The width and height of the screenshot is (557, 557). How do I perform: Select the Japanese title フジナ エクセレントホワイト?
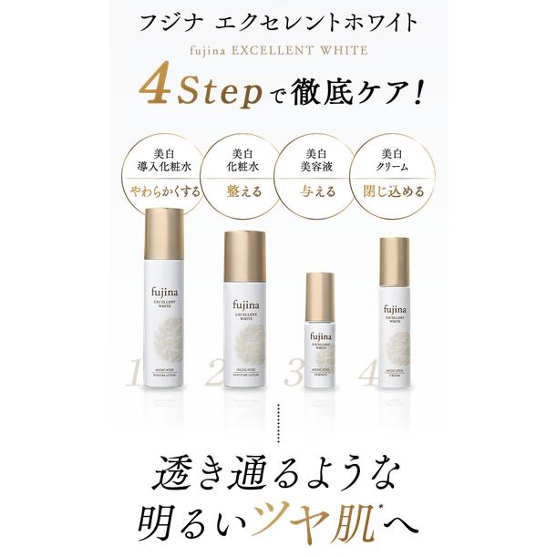click(277, 19)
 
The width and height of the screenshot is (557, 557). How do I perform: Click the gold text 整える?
click(242, 191)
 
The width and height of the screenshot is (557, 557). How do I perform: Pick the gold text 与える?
click(317, 191)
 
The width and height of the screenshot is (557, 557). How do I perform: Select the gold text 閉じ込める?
click(391, 191)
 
